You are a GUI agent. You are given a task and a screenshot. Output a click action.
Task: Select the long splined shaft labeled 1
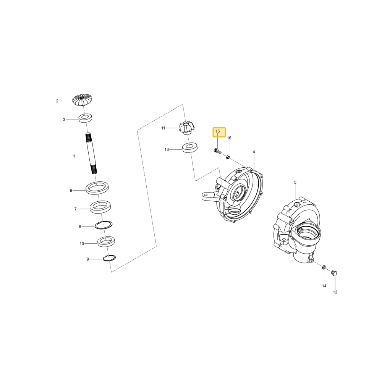tap(92, 153)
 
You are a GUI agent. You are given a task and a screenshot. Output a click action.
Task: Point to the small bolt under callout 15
tap(217, 151)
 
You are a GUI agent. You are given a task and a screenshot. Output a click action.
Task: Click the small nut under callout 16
tap(228, 157)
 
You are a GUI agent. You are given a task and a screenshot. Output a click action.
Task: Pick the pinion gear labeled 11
tap(187, 128)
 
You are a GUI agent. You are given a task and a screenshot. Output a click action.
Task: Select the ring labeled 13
tap(190, 148)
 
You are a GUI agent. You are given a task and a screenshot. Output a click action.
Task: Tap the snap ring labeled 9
tap(109, 258)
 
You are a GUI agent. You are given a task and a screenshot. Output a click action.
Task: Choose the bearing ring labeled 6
tap(97, 188)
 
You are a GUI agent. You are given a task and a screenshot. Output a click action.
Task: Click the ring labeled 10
tap(107, 242)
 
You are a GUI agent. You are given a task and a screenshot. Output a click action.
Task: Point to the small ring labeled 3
tap(85, 118)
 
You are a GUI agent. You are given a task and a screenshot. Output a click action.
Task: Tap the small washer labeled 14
tap(324, 268)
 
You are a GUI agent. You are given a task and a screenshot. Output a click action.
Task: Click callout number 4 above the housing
tap(254, 152)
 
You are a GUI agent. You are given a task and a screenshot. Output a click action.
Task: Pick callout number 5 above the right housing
tap(295, 182)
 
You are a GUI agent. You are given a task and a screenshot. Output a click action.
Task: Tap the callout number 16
tap(229, 138)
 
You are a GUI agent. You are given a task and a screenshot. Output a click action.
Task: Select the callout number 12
tap(335, 292)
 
